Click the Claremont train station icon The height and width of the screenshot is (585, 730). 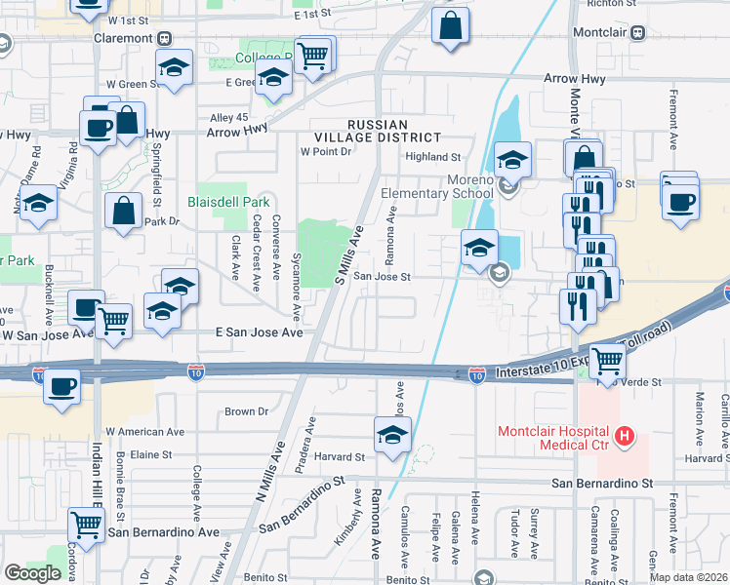click(x=166, y=38)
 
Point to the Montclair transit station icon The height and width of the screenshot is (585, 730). click(x=638, y=32)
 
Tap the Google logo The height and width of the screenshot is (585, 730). click(x=32, y=572)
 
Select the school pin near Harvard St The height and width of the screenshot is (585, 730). click(x=392, y=434)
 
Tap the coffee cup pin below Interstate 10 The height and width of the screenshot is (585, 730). click(x=63, y=385)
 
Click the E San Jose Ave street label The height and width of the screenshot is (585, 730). click(x=259, y=332)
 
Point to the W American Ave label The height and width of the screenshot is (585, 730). click(x=144, y=431)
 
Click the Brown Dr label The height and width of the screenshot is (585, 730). click(x=246, y=411)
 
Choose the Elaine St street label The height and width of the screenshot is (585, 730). click(x=151, y=454)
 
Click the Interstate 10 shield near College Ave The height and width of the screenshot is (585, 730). click(x=196, y=371)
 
